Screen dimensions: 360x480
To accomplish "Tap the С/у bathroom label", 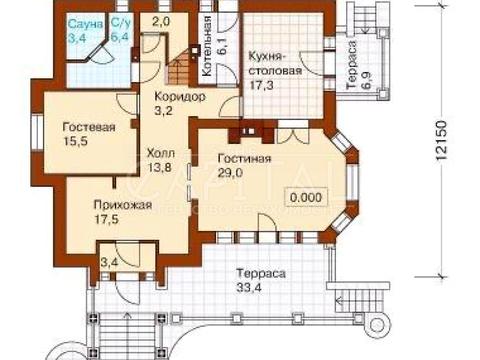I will [x=120, y=21].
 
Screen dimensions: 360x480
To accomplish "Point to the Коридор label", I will [x=179, y=96].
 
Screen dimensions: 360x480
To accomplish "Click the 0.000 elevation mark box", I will [x=304, y=197].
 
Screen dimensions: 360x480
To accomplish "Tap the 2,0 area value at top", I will [x=160, y=21].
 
